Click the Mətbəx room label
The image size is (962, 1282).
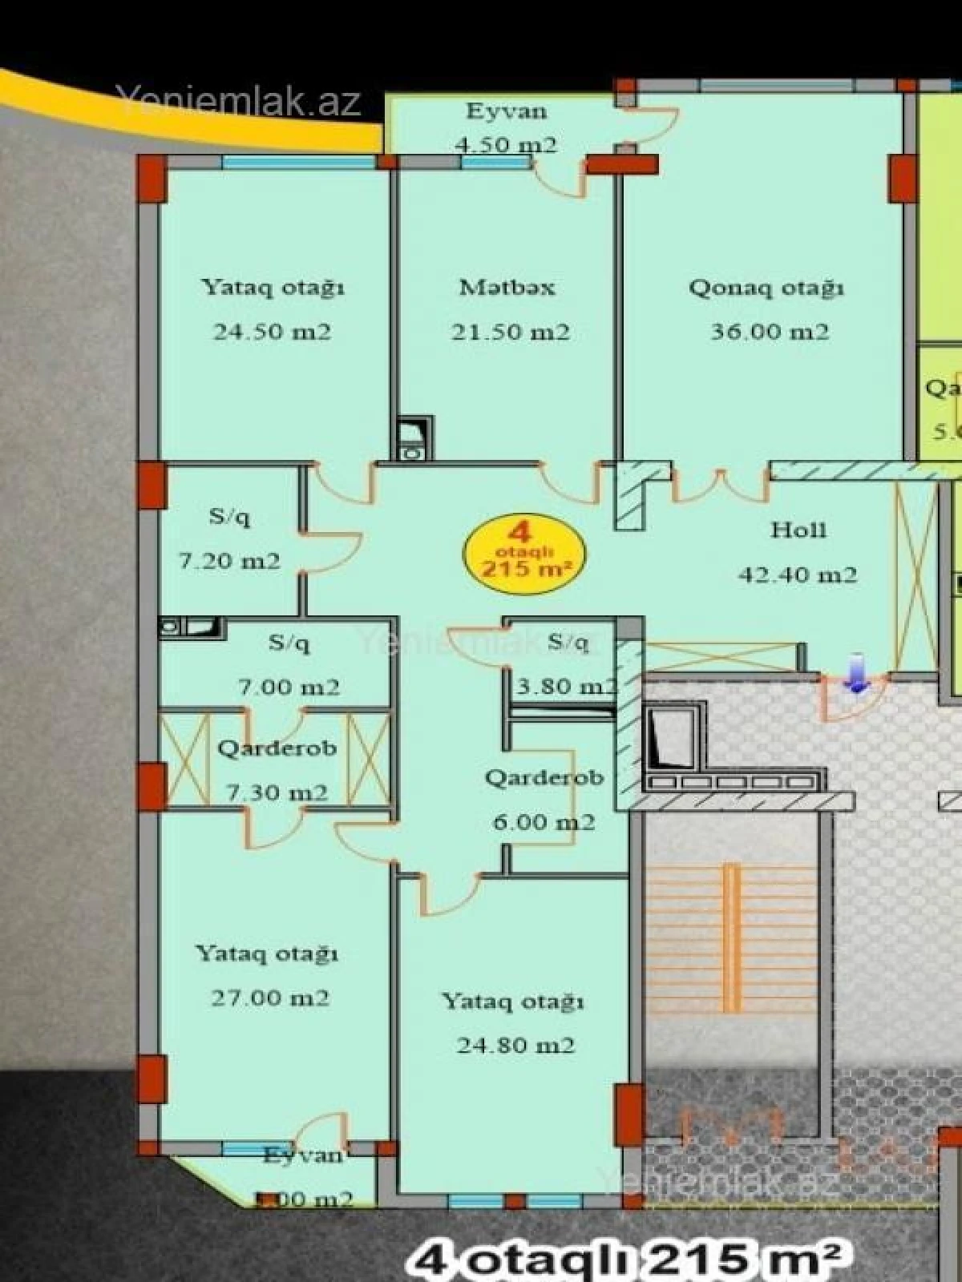point(507,287)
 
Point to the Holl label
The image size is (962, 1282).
point(798,530)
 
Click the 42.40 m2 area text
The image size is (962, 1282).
point(797,574)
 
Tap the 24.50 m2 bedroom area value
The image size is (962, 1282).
point(272,332)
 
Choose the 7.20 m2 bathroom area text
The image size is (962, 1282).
point(229,560)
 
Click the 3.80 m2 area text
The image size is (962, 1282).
point(566,686)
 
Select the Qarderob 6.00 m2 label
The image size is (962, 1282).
point(544,778)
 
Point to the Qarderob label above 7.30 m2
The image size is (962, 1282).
point(277,748)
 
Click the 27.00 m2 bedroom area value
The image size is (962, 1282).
point(270,998)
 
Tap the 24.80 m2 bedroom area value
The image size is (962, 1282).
point(515,1045)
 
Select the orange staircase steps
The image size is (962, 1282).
point(730,937)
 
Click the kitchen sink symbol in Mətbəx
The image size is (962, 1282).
point(414,438)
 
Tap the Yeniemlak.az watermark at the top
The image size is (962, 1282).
point(238,101)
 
